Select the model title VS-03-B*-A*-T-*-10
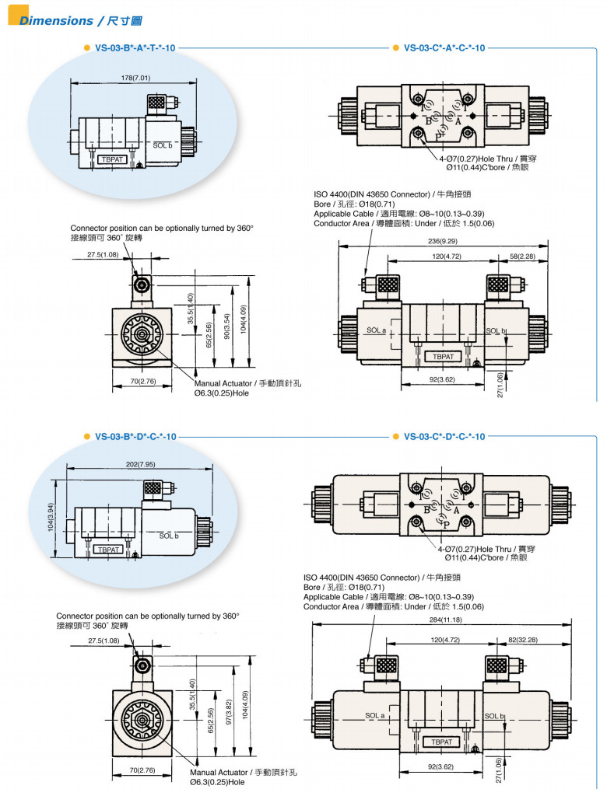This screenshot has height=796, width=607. click(135, 48)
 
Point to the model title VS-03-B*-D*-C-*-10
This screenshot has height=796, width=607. click(135, 437)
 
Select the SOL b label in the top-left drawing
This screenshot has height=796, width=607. click(163, 145)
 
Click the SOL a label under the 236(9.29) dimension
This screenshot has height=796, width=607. click(377, 330)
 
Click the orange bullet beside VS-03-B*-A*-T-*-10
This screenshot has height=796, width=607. click(86, 48)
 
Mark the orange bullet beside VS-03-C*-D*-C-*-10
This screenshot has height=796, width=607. click(395, 437)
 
